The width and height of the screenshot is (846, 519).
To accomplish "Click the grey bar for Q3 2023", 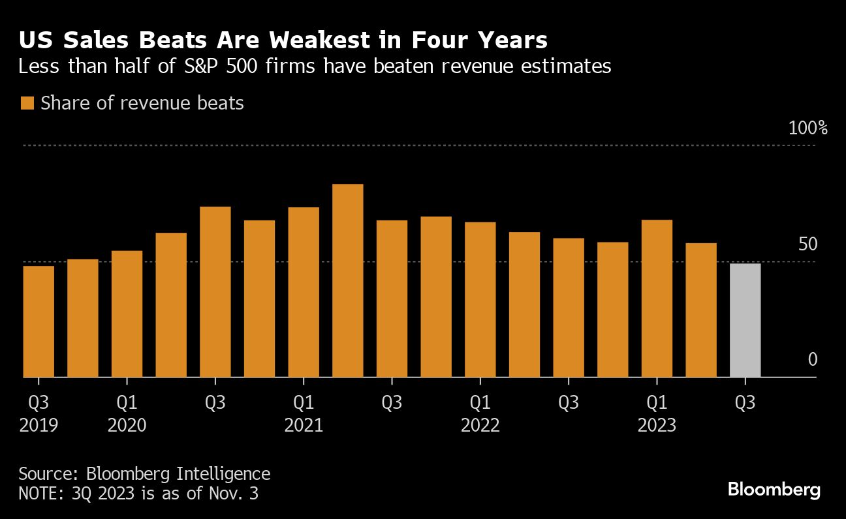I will click(745, 320).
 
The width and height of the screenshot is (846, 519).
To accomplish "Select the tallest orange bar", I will click(347, 280).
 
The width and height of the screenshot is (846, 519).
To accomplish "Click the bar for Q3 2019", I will click(39, 321).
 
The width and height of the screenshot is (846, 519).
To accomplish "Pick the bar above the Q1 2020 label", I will click(127, 314).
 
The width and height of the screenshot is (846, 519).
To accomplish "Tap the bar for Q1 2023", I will click(657, 299).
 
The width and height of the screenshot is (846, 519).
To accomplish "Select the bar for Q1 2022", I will click(480, 300).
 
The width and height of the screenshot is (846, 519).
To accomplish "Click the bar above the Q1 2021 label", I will click(304, 292).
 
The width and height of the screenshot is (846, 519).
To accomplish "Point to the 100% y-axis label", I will click(808, 128).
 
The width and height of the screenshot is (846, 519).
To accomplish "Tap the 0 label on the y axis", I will click(812, 359).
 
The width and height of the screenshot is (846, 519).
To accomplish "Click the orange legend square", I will click(27, 103).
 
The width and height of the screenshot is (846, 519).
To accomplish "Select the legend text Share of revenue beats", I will click(142, 103).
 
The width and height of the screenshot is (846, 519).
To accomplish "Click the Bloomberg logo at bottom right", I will click(774, 490).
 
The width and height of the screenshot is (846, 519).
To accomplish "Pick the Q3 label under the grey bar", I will click(745, 403).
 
